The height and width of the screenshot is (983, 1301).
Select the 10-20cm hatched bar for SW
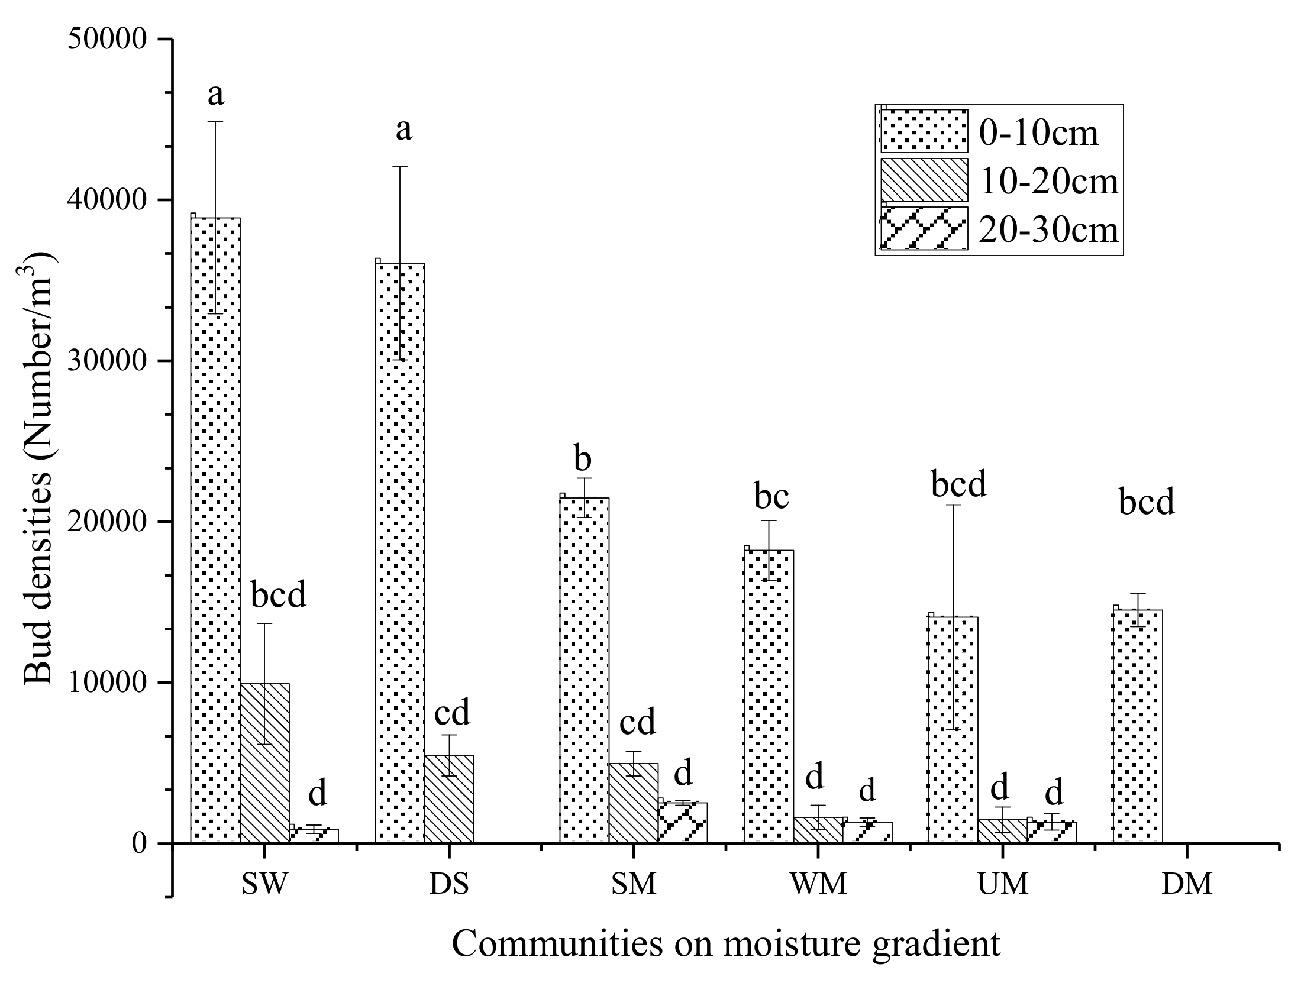264,763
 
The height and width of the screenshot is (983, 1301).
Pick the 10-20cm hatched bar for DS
449,798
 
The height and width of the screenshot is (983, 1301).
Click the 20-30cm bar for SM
683,822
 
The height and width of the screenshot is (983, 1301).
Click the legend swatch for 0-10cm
924,131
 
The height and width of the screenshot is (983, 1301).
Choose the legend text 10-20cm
1049,181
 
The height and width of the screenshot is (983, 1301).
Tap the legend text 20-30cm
1049,229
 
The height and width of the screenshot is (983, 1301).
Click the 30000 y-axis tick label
107,361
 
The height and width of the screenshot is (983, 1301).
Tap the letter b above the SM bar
583,460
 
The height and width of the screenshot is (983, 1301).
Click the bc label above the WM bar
771,497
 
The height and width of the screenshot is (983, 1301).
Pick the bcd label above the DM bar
1146,502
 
